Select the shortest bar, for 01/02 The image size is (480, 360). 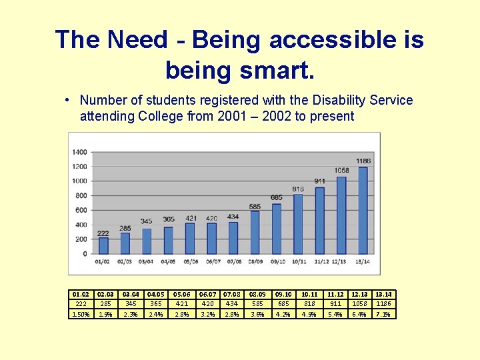pyautogui.click(x=103, y=245)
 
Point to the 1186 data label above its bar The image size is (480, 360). pyautogui.click(x=363, y=161)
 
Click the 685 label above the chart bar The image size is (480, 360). pyautogui.click(x=277, y=197)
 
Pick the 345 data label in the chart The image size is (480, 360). pyautogui.click(x=146, y=221)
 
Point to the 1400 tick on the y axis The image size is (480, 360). pyautogui.click(x=79, y=152)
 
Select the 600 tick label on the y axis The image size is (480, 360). pyautogui.click(x=81, y=210)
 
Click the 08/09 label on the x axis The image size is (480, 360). pyautogui.click(x=255, y=261)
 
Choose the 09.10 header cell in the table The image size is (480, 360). pyautogui.click(x=283, y=294)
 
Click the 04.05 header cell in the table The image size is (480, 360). pyautogui.click(x=155, y=294)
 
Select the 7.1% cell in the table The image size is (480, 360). pyautogui.click(x=383, y=314)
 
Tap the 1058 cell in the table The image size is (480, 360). pyautogui.click(x=359, y=304)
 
